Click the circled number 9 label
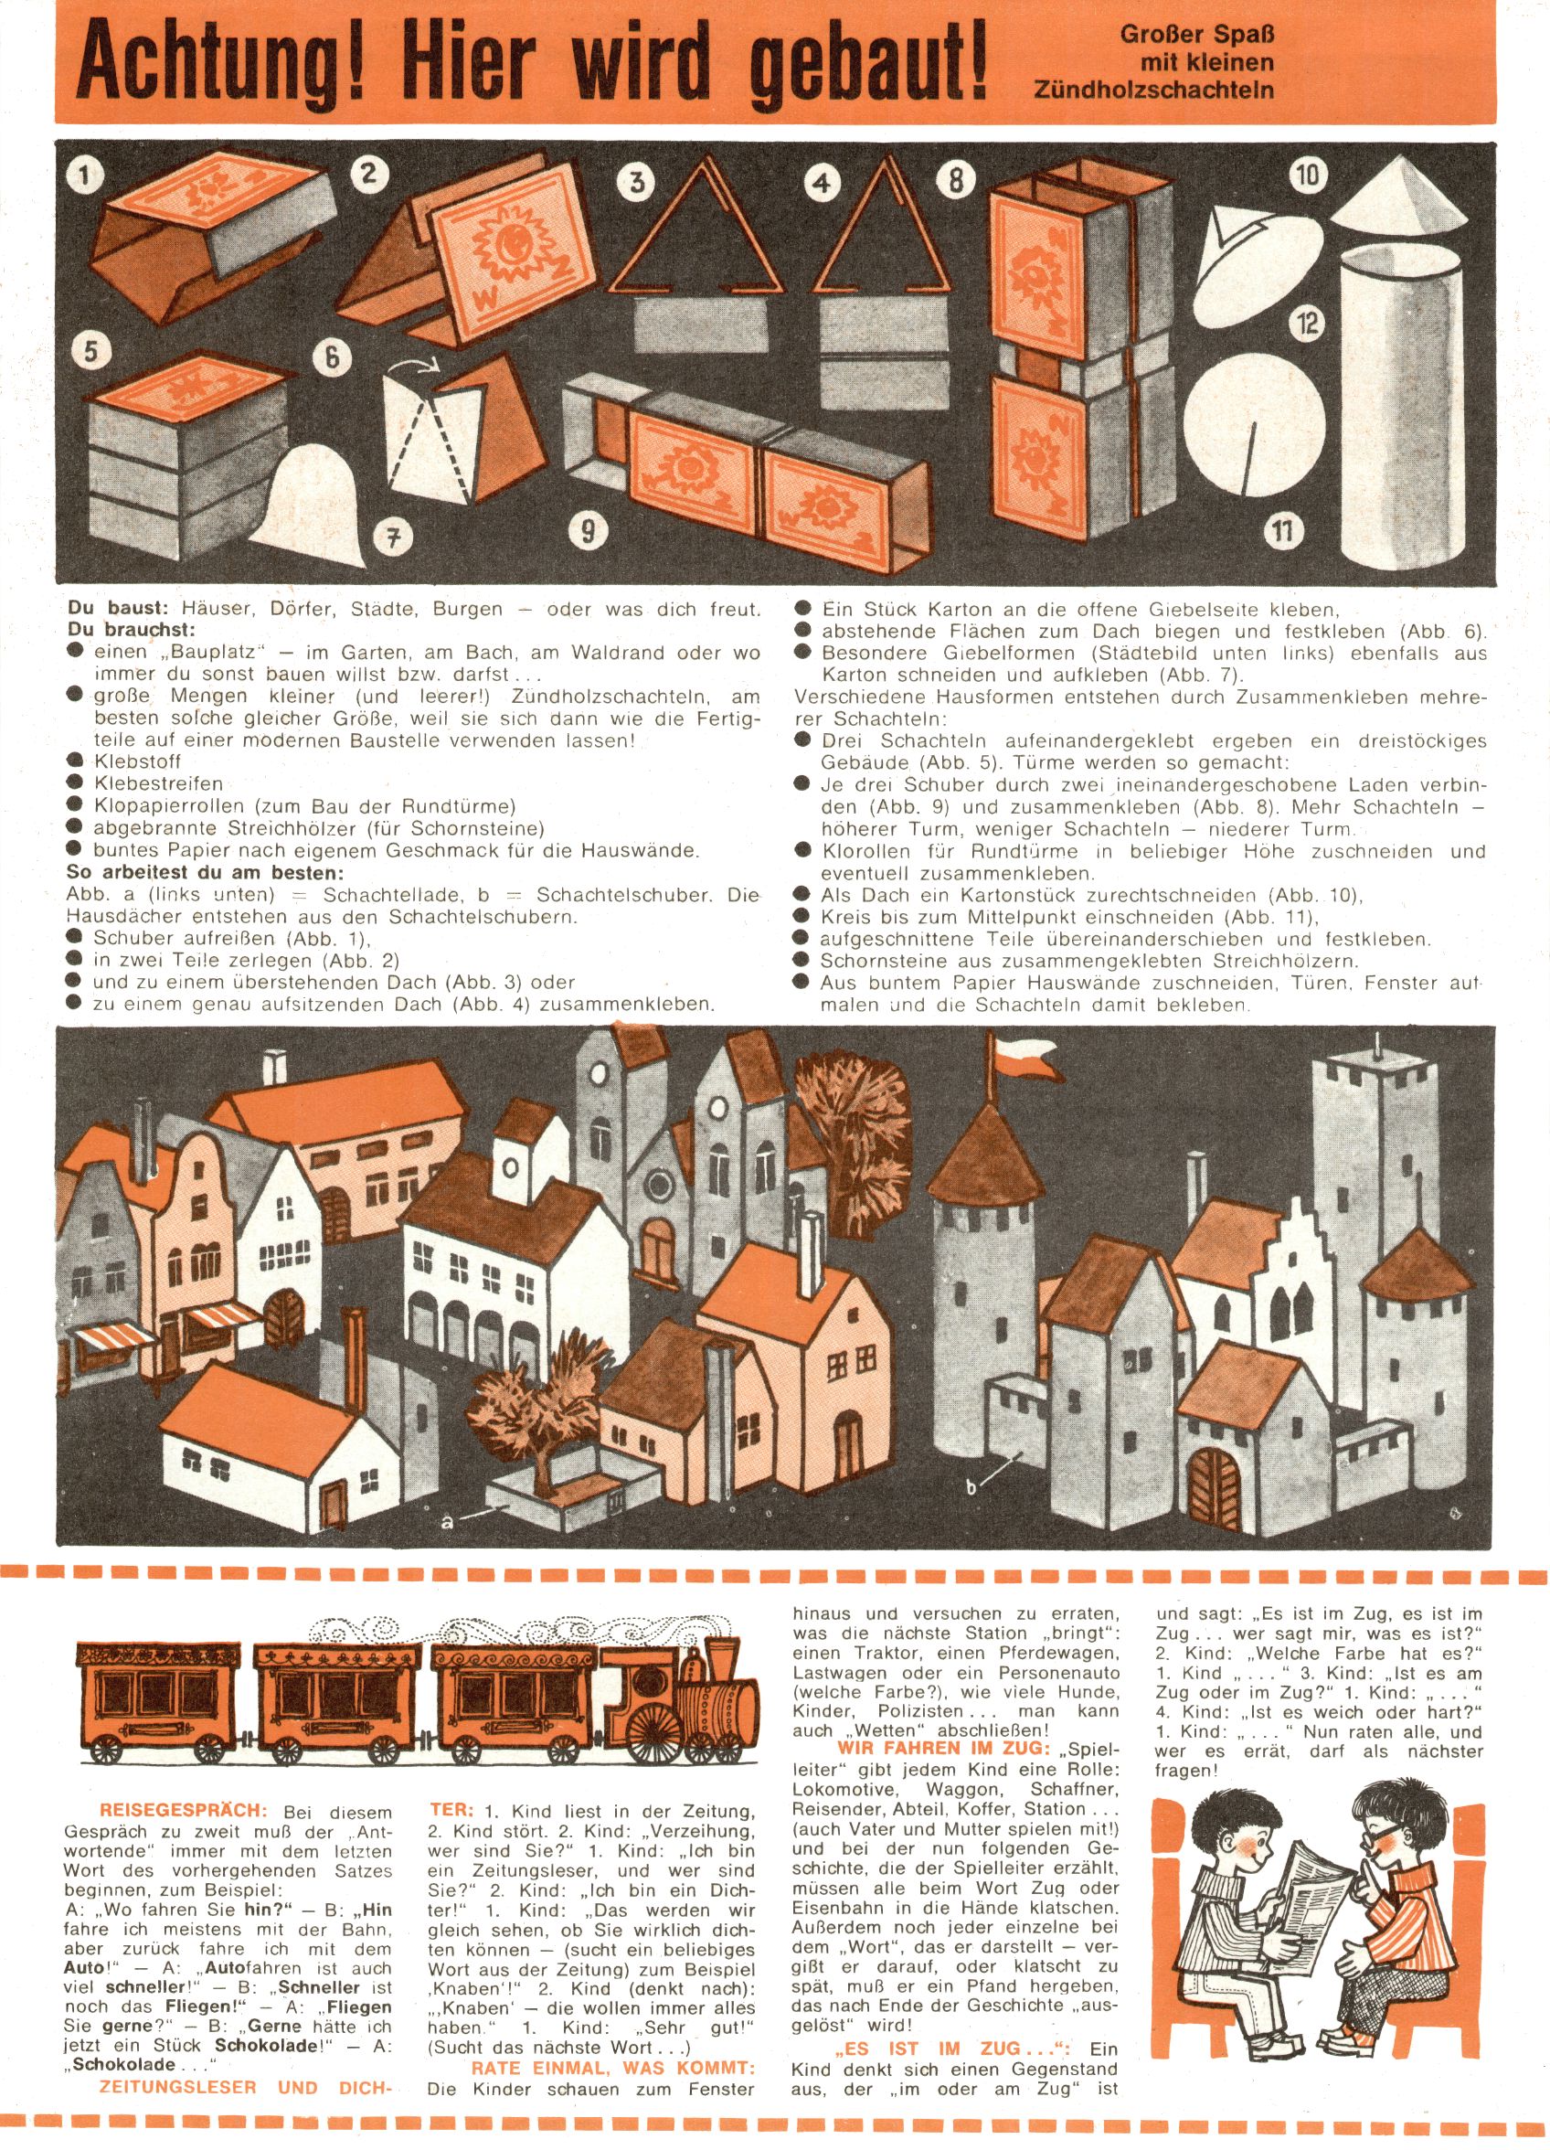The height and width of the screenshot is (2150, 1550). click(x=588, y=534)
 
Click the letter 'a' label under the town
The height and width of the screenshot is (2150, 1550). click(x=448, y=1524)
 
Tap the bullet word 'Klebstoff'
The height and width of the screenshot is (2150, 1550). click(x=137, y=761)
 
